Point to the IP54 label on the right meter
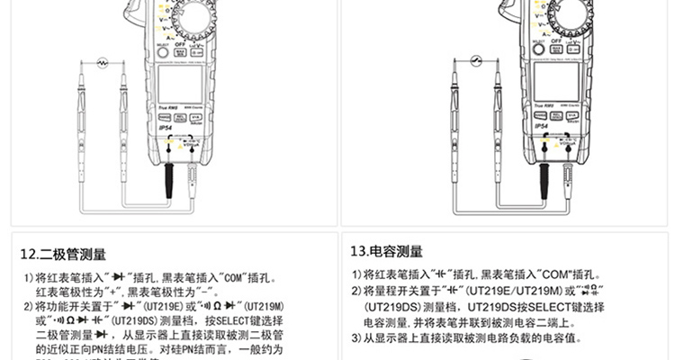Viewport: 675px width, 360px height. point(540,127)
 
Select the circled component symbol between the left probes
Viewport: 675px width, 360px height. point(103,63)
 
